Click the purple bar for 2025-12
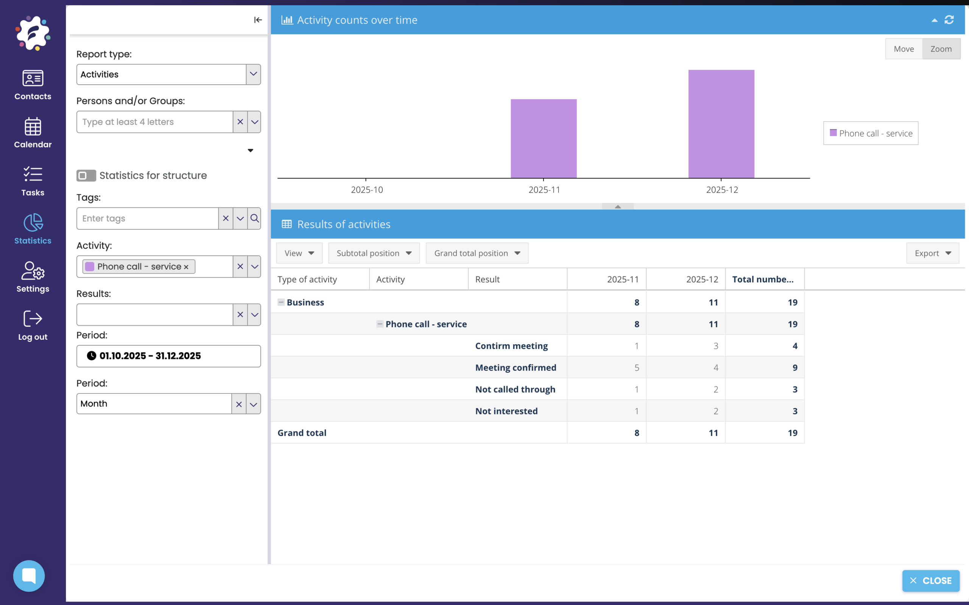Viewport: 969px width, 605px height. (x=721, y=124)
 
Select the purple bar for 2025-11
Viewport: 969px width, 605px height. (x=543, y=138)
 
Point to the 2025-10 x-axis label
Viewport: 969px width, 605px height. (x=367, y=190)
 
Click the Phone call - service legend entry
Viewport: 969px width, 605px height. (x=871, y=133)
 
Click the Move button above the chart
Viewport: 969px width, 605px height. (x=904, y=49)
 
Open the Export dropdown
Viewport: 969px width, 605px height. (x=932, y=253)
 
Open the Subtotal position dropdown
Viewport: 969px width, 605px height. (x=374, y=253)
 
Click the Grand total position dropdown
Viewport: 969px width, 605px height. (x=477, y=253)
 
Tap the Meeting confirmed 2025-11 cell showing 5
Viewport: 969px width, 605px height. (x=636, y=367)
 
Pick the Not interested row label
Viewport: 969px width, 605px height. (x=506, y=411)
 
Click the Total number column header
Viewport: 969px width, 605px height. (x=762, y=279)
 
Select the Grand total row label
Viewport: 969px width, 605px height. (x=302, y=432)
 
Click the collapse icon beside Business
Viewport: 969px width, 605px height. (x=281, y=302)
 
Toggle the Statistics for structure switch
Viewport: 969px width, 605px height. (x=86, y=175)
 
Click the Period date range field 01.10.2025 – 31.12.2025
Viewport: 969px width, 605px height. (x=168, y=356)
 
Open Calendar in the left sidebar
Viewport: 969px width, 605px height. (x=33, y=133)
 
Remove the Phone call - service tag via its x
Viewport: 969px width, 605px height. (x=186, y=267)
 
